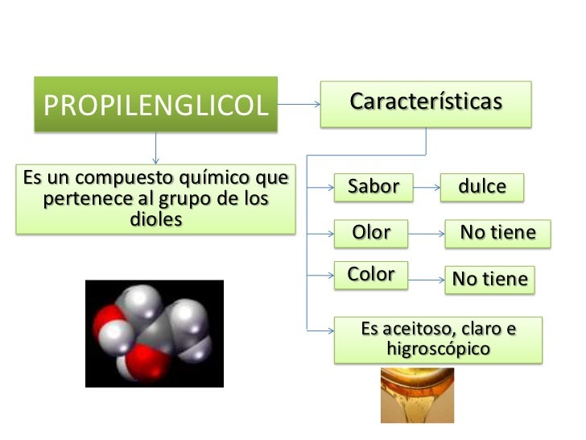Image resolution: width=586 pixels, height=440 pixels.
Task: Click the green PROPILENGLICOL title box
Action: coord(155,104)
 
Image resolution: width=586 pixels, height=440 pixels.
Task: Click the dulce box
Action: coord(482,187)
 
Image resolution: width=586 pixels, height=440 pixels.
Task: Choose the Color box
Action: coord(372,274)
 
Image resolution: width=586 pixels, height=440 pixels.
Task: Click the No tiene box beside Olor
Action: coord(497,234)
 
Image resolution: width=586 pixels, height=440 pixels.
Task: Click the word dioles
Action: coord(156,219)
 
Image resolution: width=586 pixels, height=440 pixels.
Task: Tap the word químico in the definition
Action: coord(193,176)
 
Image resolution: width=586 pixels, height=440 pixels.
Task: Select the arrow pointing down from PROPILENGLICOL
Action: coord(155,149)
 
